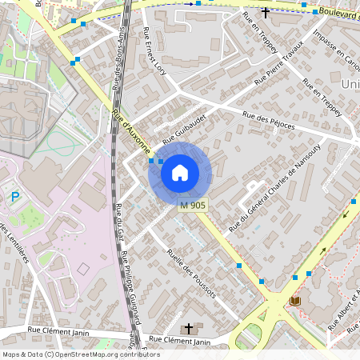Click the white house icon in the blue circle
coord(180,172)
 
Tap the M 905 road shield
coord(192,206)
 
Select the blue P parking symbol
coord(14,197)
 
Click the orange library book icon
coord(295,301)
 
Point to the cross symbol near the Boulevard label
coord(266,13)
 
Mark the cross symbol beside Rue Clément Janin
coord(189,328)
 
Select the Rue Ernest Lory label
coord(154,50)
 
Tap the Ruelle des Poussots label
coord(191,273)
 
